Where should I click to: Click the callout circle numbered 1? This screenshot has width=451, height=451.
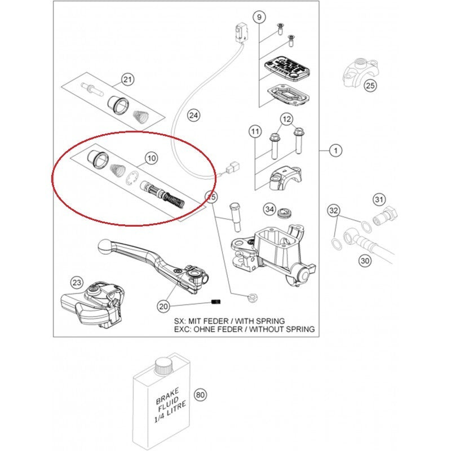pos(335,151)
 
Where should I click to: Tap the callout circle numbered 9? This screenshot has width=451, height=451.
pos(259,17)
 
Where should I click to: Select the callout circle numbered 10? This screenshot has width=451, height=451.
pos(151,159)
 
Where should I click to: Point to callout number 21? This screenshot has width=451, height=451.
pos(128,79)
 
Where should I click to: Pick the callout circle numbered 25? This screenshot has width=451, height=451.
pos(370,86)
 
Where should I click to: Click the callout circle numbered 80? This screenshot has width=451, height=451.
pos(199,395)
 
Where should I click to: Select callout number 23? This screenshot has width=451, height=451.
pos(77,282)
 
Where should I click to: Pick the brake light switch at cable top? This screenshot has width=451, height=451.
pos(241,30)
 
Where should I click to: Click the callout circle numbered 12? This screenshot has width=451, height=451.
pos(286,120)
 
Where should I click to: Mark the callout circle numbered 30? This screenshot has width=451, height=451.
pos(365,260)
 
